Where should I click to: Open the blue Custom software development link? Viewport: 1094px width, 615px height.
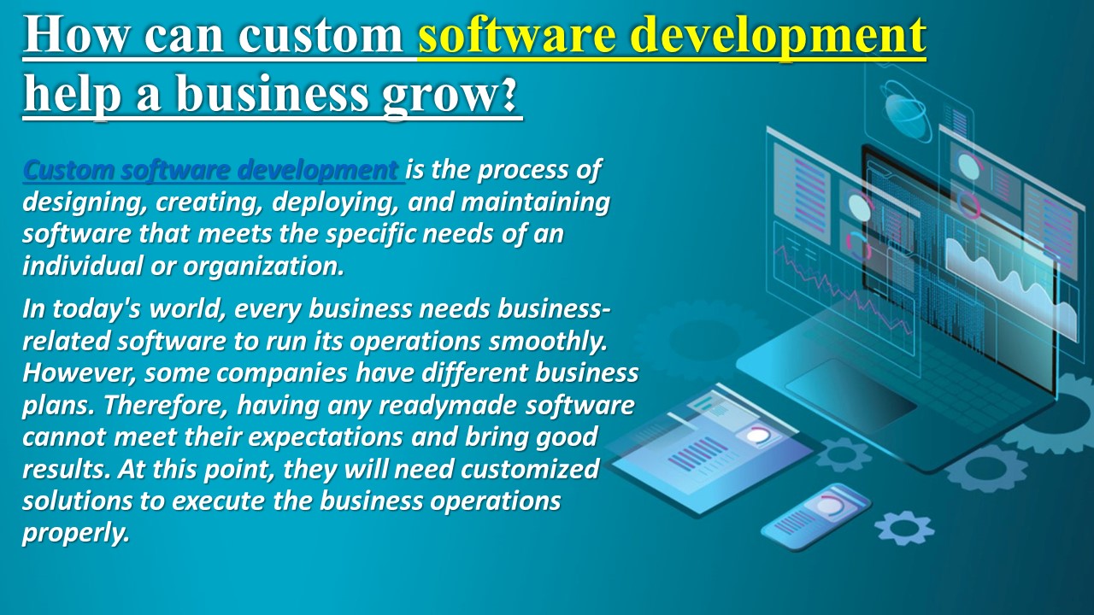coord(211,171)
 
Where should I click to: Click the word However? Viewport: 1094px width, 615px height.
coord(78,373)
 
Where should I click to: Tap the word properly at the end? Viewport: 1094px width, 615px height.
coord(75,533)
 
